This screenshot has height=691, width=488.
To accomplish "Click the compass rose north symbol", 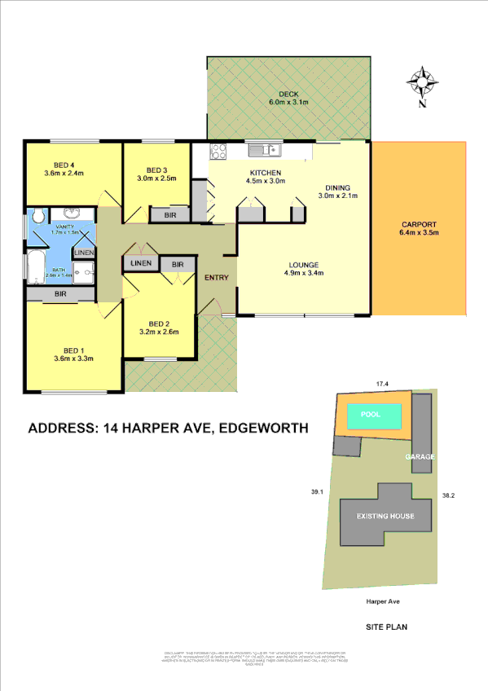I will click(421, 82).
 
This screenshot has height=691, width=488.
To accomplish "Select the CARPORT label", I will click(420, 225).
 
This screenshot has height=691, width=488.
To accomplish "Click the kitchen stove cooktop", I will click(218, 149).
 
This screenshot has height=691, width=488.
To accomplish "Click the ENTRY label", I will click(217, 278).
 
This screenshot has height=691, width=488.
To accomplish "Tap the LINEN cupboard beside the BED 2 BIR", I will click(139, 264).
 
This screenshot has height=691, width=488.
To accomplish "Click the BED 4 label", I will click(64, 162).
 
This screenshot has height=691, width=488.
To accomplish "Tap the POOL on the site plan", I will click(371, 415).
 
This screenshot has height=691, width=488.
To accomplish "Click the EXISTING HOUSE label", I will click(385, 516).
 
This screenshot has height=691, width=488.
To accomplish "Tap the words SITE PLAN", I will click(386, 627).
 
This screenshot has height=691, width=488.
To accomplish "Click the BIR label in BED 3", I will click(169, 215).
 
